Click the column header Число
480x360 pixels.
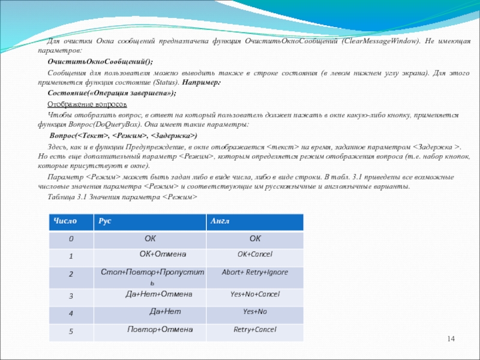click(65, 221)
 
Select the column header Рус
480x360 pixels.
click(105, 221)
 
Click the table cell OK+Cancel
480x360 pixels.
click(254, 254)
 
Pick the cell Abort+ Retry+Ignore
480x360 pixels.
click(254, 272)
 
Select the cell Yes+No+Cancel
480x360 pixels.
click(255, 294)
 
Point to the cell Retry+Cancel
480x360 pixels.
click(254, 329)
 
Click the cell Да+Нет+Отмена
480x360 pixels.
click(158, 294)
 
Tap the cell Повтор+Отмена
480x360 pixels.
click(160, 329)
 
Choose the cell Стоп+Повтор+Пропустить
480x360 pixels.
click(152, 276)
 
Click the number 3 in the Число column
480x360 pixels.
click(71, 296)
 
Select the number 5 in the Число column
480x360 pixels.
click(71, 331)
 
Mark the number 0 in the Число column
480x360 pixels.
click(71, 239)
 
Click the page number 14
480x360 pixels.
click(451, 341)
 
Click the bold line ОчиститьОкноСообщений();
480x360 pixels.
click(100, 62)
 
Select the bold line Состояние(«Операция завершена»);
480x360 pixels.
click(112, 93)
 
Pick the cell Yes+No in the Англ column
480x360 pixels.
click(254, 312)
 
